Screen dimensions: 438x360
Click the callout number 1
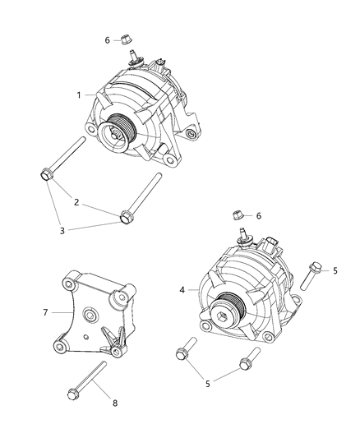(x=79, y=95)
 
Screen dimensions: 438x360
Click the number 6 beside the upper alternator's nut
(x=107, y=39)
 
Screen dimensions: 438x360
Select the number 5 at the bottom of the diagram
(x=208, y=383)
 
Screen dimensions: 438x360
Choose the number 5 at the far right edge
(x=334, y=270)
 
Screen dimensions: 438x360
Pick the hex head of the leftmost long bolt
(x=44, y=174)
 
